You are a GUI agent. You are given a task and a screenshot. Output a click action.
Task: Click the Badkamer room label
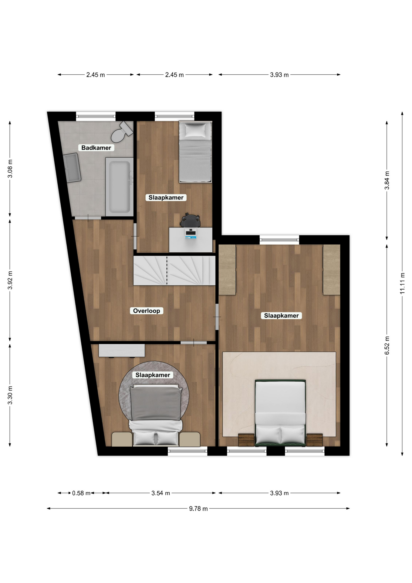pyautogui.click(x=96, y=148)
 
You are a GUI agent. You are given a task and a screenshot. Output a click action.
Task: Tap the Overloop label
pyautogui.click(x=147, y=311)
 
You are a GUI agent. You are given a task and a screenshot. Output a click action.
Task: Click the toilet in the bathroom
pyautogui.click(x=122, y=132)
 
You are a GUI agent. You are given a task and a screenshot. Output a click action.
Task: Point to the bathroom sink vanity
pyautogui.click(x=72, y=168)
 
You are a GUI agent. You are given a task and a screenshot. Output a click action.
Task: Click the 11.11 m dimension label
pyautogui.click(x=402, y=283)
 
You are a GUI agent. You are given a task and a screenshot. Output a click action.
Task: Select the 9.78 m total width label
pyautogui.click(x=198, y=509)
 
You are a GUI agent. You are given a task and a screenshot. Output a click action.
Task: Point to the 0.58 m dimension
pyautogui.click(x=81, y=493)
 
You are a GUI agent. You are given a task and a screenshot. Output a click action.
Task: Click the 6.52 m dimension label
pyautogui.click(x=387, y=345)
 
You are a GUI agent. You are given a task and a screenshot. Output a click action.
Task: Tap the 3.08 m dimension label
pyautogui.click(x=10, y=169)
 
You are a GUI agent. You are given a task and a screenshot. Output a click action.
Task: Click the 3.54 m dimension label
pyautogui.click(x=160, y=493)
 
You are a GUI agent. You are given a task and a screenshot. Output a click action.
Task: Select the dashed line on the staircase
pyautogui.click(x=167, y=270)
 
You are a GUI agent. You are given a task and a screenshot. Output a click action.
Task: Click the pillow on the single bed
pyautogui.click(x=195, y=130)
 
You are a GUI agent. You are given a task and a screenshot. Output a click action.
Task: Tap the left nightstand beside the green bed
pyautogui.click(x=246, y=440)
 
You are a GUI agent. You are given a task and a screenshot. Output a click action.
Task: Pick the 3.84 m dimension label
pyautogui.click(x=387, y=180)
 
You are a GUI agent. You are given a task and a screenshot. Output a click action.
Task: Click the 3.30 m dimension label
pyautogui.click(x=10, y=395)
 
